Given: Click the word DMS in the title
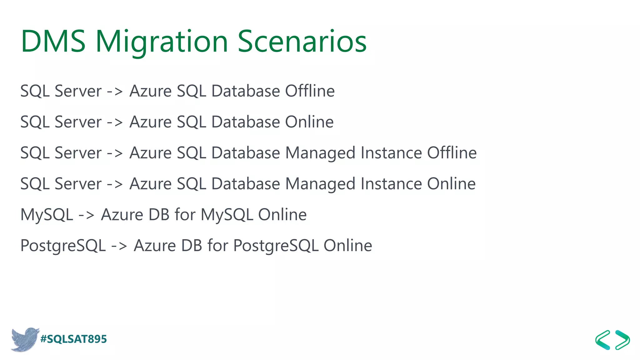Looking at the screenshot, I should pos(53,41).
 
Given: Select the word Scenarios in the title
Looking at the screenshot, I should pos(302,41).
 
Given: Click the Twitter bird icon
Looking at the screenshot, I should pos(25,339).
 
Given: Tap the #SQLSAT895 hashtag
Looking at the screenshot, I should pos(74,339).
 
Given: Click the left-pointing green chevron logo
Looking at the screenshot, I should pos(603,340).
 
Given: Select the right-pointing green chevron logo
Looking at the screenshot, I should pos(622,340).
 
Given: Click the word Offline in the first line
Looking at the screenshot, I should pos(310,91).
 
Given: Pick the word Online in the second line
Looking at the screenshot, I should pos(309,122).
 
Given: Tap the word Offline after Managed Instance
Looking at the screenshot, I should pos(452,153).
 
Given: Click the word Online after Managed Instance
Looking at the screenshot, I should pos(451,184).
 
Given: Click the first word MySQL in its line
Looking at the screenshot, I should pos(47,215).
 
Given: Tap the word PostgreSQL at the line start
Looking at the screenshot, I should pos(63,246).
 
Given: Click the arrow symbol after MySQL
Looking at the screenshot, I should pos(86,215).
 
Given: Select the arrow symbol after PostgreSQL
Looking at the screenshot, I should pos(119,246).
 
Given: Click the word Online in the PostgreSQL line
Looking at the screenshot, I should pos(347,246).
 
